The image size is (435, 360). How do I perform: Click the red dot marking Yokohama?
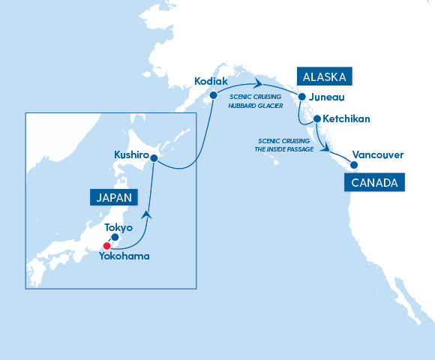(107, 245)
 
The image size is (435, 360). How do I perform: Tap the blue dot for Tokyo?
(115, 238)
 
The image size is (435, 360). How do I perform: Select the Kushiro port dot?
(154, 158)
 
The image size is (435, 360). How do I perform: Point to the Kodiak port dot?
(213, 94)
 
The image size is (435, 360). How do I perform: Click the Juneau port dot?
(301, 97)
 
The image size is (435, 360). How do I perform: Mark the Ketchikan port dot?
(317, 119)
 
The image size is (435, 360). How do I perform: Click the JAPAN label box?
(115, 198)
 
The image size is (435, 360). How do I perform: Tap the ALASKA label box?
(325, 76)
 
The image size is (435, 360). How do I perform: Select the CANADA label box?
(373, 182)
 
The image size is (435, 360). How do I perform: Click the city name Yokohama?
(124, 256)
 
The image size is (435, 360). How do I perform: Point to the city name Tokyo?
(118, 227)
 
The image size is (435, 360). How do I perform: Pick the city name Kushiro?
(130, 154)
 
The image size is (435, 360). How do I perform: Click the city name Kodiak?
(209, 80)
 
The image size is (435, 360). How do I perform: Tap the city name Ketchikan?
(346, 119)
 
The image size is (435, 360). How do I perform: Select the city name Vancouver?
(378, 155)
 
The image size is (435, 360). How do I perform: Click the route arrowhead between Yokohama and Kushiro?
(148, 214)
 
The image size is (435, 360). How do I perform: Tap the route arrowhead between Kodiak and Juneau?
(257, 82)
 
